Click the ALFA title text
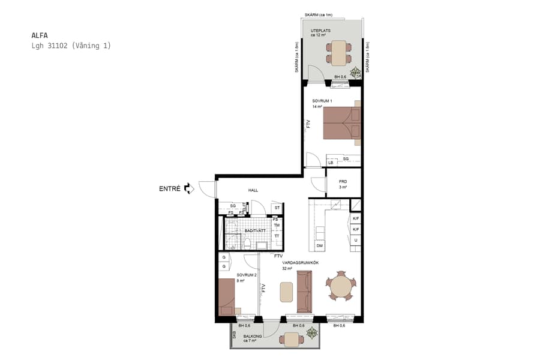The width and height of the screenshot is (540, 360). click(x=40, y=35)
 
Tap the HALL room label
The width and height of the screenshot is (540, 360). click(x=253, y=190)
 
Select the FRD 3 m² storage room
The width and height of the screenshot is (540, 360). click(x=343, y=184)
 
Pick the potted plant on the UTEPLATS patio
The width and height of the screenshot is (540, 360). click(x=356, y=71)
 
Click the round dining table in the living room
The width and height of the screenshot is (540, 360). click(x=340, y=286)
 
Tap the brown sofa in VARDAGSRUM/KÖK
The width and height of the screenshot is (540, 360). click(x=304, y=292)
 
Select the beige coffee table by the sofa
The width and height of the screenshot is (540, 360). click(x=287, y=292)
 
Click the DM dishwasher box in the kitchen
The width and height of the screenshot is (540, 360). click(x=320, y=245)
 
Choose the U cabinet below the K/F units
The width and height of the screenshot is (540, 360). click(x=355, y=240)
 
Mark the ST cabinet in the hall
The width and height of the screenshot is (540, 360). click(x=277, y=208)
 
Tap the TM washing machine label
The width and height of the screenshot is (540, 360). click(x=277, y=226)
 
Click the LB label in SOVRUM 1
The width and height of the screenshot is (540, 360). click(x=331, y=163)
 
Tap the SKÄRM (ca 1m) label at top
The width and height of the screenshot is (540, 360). click(x=319, y=14)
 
